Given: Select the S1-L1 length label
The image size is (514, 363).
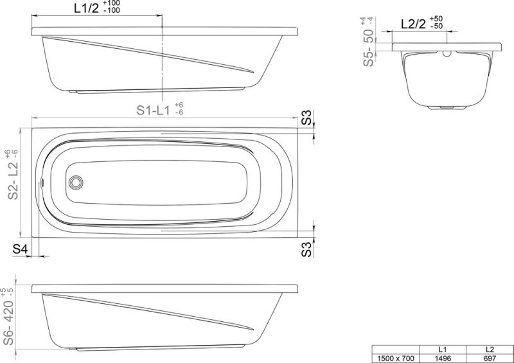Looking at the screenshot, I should [x=152, y=111].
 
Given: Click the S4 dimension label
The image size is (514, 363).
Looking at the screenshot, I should [x=19, y=249].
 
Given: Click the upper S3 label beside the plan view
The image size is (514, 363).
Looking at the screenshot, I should [x=307, y=118].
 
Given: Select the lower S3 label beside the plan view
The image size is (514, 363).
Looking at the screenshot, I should [x=307, y=249].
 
